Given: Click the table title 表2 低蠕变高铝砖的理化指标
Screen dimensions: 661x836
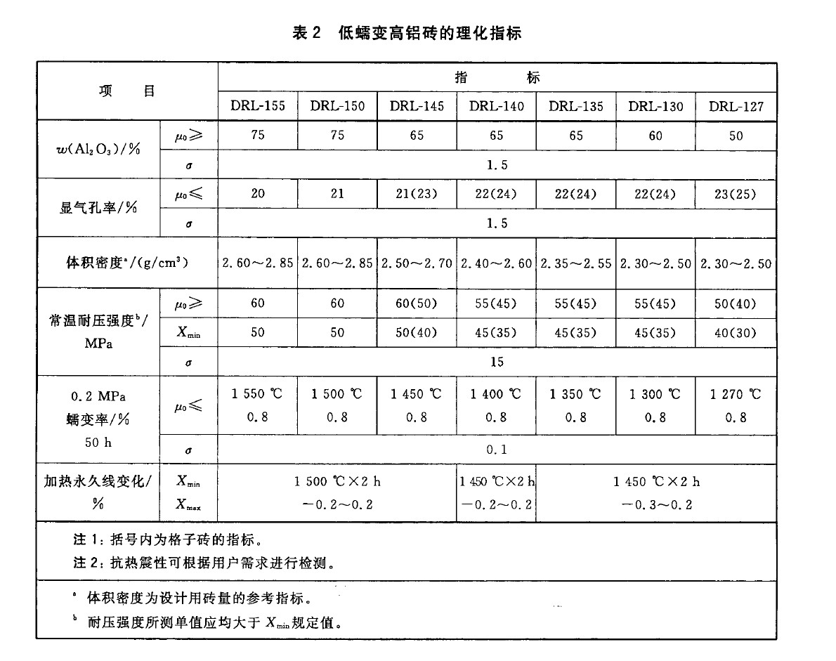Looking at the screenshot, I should click(x=407, y=33).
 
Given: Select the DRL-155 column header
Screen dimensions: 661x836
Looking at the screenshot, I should click(x=258, y=106).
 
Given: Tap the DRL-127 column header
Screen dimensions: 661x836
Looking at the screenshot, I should click(x=736, y=106).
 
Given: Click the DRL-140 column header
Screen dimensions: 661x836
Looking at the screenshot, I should click(x=496, y=106).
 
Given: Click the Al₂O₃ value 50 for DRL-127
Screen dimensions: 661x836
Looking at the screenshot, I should click(x=736, y=136).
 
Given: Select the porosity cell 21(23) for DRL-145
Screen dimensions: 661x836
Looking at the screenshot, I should click(x=417, y=194).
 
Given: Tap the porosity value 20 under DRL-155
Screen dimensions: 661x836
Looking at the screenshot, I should click(x=258, y=194).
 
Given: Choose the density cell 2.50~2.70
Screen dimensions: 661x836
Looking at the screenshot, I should click(x=417, y=264).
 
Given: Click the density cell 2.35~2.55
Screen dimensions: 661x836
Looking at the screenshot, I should click(x=576, y=264).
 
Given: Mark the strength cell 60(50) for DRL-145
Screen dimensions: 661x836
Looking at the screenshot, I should click(x=417, y=303).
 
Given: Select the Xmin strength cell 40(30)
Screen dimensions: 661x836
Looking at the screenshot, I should click(x=736, y=332).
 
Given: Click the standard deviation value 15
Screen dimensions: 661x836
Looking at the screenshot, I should click(x=497, y=362).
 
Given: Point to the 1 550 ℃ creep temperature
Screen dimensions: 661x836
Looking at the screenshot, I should click(x=258, y=394).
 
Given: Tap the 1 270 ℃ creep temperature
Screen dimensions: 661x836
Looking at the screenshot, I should click(x=736, y=394).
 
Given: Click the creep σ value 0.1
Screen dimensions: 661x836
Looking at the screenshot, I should click(x=497, y=450).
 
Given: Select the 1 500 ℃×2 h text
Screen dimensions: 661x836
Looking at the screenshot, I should click(x=337, y=482).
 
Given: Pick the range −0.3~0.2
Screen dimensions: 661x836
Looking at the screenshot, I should click(x=656, y=505).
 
